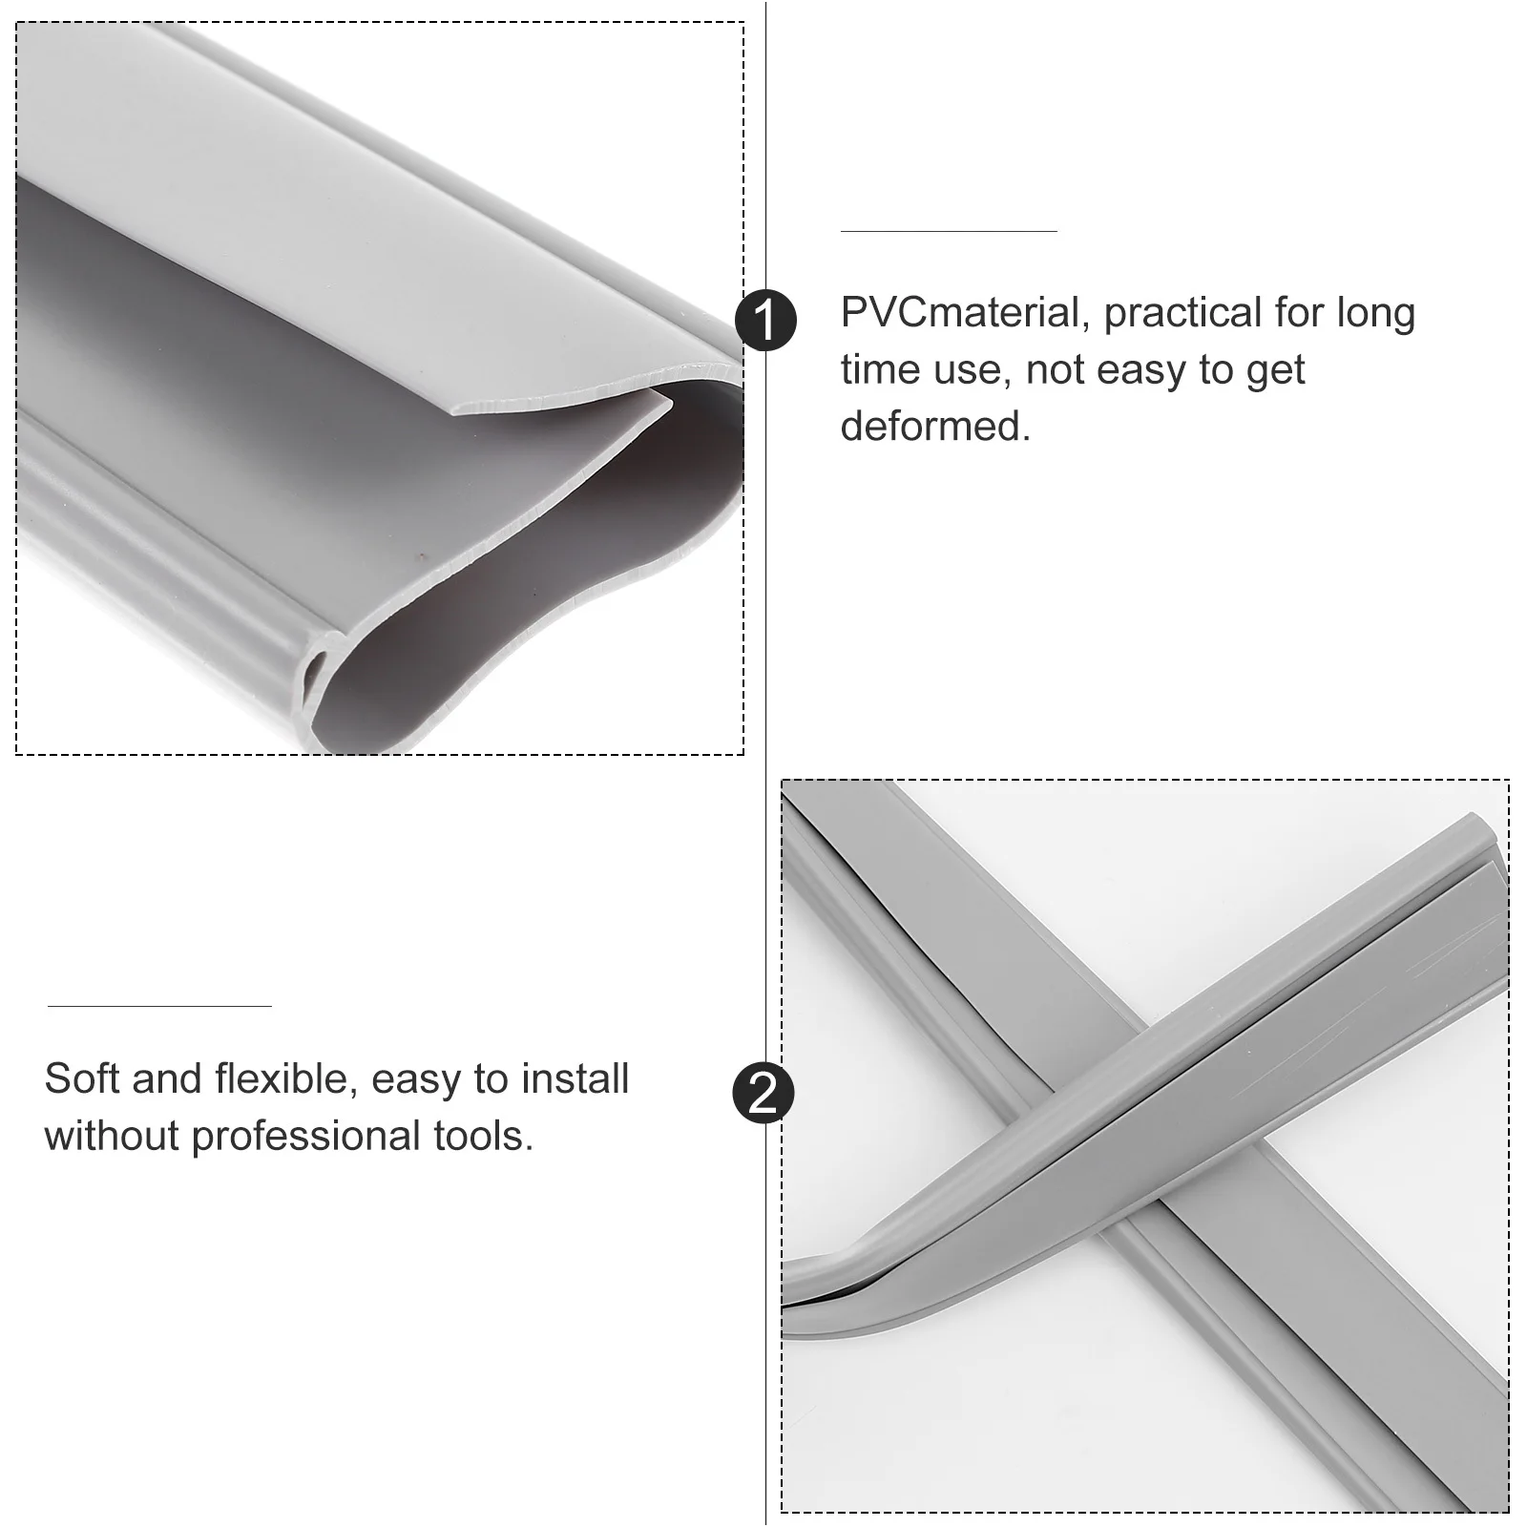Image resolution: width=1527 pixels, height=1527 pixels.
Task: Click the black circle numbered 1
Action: (764, 320)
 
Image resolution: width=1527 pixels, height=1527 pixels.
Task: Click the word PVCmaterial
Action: (959, 313)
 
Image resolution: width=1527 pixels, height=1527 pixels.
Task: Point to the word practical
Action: (1170, 313)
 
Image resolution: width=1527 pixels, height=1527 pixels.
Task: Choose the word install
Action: (575, 1078)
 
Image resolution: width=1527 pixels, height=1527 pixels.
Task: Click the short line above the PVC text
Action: (948, 231)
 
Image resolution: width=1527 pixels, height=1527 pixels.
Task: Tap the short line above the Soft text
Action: (159, 1006)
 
